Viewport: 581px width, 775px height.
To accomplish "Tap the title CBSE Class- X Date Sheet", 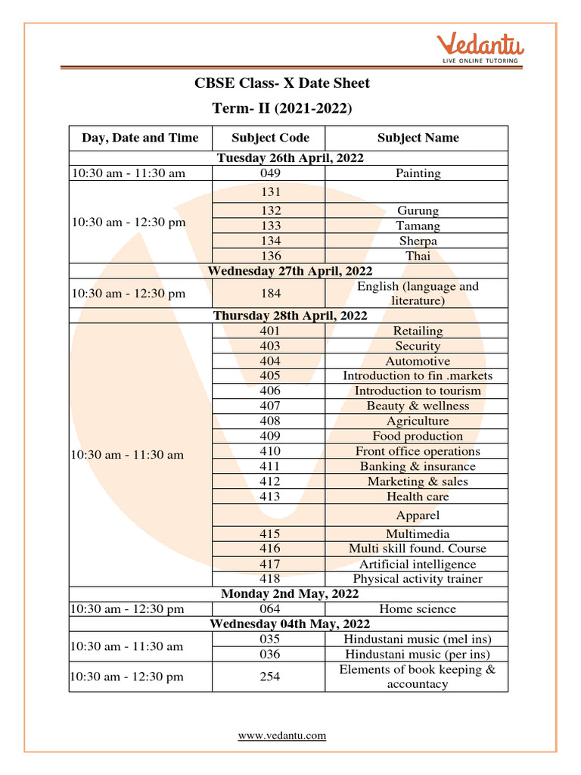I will [282, 82].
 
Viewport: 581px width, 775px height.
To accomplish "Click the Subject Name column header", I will [418, 138].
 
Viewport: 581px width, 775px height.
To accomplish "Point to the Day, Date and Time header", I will [140, 138].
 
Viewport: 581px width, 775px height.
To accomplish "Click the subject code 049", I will [270, 173].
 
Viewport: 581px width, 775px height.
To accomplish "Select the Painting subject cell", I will [418, 173].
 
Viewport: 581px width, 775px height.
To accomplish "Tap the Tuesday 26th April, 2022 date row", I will [290, 158].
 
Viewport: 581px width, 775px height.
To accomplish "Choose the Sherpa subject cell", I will [418, 241].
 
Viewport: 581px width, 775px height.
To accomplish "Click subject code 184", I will [270, 294].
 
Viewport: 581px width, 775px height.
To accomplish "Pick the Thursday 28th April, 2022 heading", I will [290, 316].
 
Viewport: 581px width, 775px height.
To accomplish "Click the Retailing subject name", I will [418, 331].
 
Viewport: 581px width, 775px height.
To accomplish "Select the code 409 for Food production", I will [270, 436].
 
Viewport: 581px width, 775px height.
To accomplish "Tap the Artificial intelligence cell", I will [418, 564].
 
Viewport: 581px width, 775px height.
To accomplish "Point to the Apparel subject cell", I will [418, 515].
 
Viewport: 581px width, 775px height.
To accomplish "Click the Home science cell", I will [418, 609].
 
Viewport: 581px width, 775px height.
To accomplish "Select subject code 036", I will [270, 654].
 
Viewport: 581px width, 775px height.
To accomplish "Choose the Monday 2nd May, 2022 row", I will [290, 594].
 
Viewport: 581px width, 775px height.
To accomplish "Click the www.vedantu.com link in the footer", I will [282, 735].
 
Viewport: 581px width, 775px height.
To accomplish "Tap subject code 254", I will [270, 677].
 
